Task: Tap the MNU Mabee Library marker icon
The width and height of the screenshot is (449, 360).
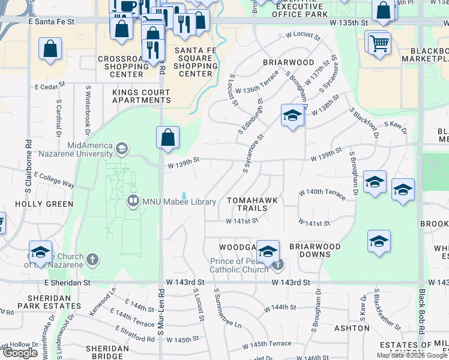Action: pyautogui.click(x=133, y=202)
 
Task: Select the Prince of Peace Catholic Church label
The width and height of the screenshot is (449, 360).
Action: pyautogui.click(x=239, y=265)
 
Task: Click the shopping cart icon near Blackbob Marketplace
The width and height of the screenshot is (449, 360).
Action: pyautogui.click(x=379, y=43)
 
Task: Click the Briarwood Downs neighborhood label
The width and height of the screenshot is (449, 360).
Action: pyautogui.click(x=315, y=250)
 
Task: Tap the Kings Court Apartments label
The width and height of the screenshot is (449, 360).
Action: pyautogui.click(x=141, y=96)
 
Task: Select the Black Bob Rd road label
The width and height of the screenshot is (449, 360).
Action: pyautogui.click(x=423, y=314)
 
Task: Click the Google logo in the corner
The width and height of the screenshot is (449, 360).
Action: pyautogui.click(x=20, y=353)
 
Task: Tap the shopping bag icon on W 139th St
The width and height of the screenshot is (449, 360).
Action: pyautogui.click(x=168, y=137)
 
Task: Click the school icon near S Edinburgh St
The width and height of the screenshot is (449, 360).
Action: pyautogui.click(x=292, y=116)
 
